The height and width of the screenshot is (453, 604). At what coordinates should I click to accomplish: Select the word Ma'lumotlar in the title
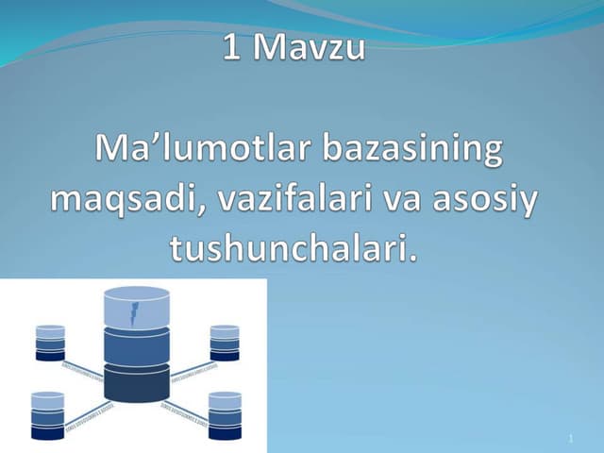pyautogui.click(x=202, y=152)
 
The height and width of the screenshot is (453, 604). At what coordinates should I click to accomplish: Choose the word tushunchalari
pyautogui.click(x=293, y=249)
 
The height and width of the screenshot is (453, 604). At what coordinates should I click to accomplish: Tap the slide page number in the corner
pyautogui.click(x=571, y=440)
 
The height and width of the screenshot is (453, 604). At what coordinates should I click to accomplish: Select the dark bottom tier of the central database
pyautogui.click(x=136, y=382)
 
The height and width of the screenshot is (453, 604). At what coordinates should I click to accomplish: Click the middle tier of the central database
pyautogui.click(x=136, y=346)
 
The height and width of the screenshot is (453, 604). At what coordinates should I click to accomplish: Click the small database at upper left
pyautogui.click(x=50, y=343)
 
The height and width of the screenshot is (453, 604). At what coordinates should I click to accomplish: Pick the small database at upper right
pyautogui.click(x=225, y=343)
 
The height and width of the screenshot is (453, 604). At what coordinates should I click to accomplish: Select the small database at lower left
pyautogui.click(x=47, y=414)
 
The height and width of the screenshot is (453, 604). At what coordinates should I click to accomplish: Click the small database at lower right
pyautogui.click(x=225, y=414)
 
